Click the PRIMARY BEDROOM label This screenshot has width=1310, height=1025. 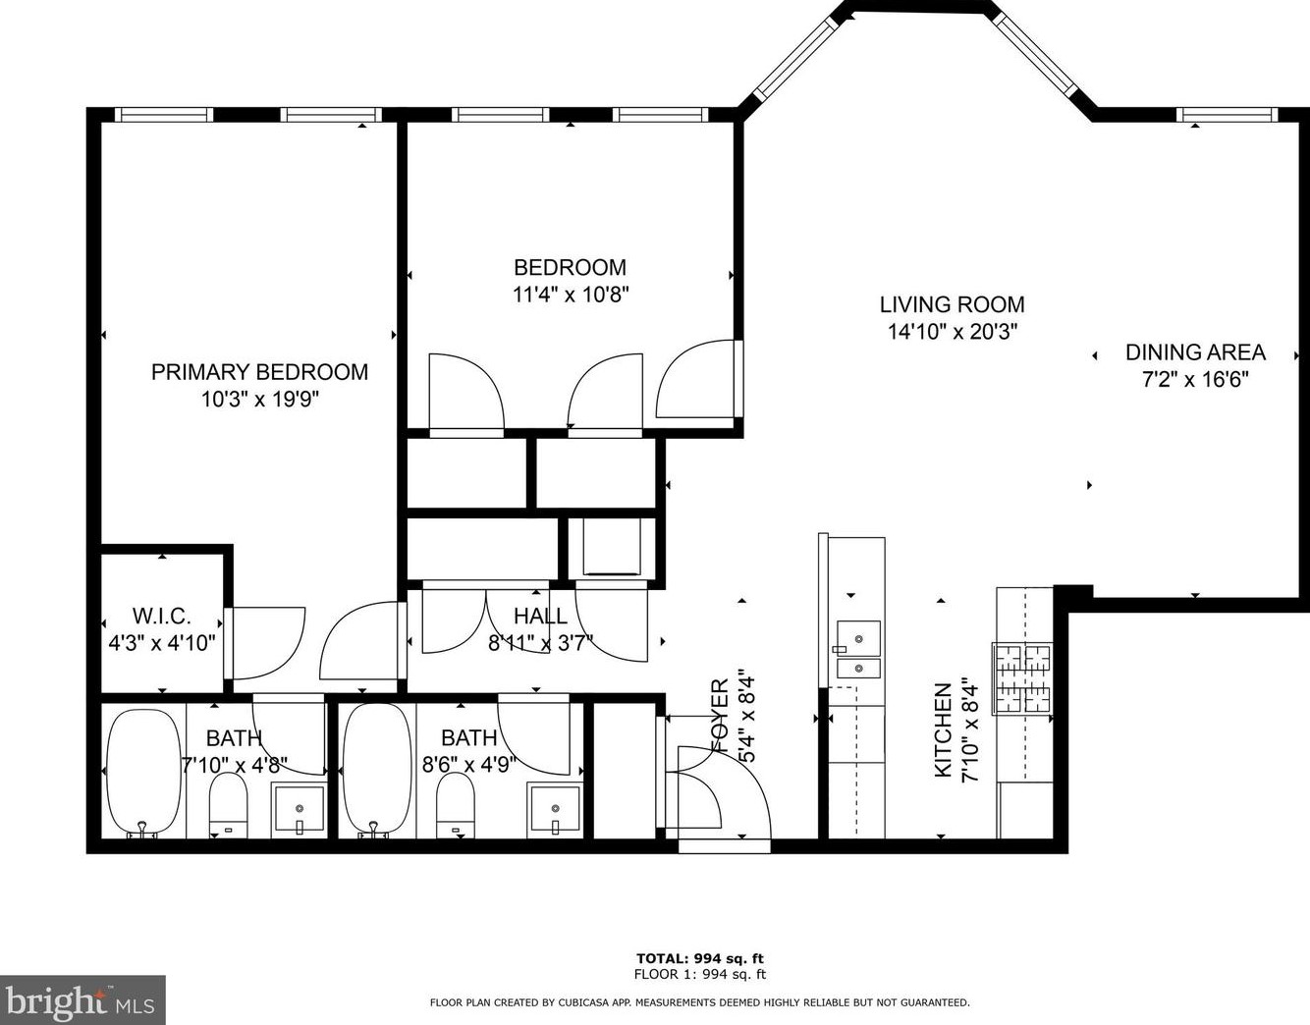tap(259, 372)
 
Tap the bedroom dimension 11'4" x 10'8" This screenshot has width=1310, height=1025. tap(570, 294)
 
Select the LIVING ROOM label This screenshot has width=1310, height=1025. tap(952, 304)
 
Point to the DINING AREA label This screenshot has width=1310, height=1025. tap(1195, 352)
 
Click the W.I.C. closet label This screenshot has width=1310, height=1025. tap(162, 617)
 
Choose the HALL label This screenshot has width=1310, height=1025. tap(540, 616)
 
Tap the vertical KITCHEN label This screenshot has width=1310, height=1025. tap(943, 731)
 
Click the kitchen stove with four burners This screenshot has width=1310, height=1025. tap(1022, 677)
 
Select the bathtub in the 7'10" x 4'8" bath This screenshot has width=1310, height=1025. tap(144, 772)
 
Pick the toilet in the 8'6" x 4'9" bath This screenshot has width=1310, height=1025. tap(456, 805)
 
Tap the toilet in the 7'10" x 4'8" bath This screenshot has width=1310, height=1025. tap(229, 805)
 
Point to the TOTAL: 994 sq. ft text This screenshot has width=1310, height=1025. tap(699, 958)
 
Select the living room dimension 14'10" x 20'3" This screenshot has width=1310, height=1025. tap(952, 332)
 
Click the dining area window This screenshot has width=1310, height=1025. tap(1228, 115)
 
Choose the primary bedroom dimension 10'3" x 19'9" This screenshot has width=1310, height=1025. tap(259, 400)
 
